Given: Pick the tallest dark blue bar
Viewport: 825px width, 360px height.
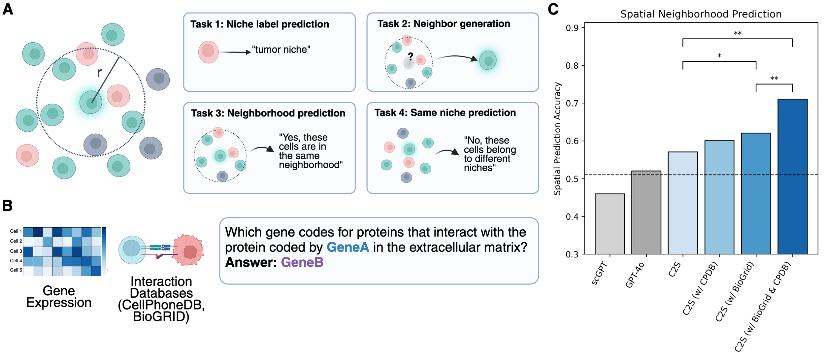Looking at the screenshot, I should click(792, 177).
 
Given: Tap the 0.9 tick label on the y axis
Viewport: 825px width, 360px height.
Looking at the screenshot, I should click(572, 28).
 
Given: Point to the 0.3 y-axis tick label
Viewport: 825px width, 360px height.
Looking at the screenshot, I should click(572, 254).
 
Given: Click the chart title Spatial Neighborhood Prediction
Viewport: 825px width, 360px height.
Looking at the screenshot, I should click(701, 14).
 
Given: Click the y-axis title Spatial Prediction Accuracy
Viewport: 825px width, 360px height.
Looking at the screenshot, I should click(557, 139).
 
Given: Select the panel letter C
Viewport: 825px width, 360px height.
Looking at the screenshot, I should click(553, 9).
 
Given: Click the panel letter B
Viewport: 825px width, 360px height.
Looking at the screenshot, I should click(7, 206).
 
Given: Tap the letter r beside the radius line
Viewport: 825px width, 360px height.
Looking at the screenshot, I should click(99, 73).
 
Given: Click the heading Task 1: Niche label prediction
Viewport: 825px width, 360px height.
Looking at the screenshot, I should click(260, 24).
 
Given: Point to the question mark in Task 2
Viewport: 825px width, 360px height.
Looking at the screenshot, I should click(411, 56).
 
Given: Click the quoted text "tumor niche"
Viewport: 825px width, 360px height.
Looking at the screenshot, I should click(281, 49).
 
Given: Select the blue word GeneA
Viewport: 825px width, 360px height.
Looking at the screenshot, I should click(348, 247).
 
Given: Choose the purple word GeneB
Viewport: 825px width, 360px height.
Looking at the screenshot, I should click(302, 262).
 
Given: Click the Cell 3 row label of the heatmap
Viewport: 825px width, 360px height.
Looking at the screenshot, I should click(16, 251).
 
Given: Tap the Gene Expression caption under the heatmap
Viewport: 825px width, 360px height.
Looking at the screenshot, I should click(59, 297).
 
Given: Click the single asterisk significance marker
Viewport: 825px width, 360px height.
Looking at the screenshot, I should click(719, 56).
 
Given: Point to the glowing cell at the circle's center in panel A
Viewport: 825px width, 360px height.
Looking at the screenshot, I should click(91, 102).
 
